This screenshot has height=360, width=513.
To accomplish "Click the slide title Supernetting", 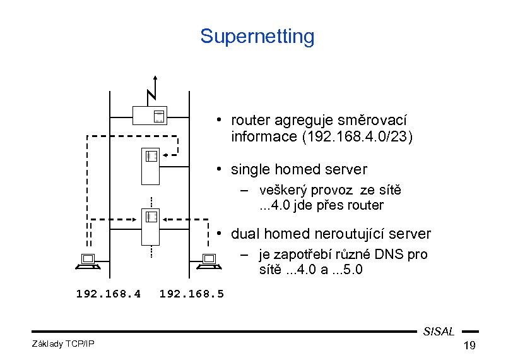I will coord(257,36).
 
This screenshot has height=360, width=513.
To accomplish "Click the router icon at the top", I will coord(150,115).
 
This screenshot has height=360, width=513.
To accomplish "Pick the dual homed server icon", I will coord(151,227).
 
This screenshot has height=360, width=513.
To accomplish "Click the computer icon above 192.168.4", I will coord(86,261).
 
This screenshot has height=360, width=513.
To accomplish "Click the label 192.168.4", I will coord(108,294).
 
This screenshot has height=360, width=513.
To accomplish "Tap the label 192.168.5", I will coord(192,294).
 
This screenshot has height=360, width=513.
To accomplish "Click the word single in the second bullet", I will coord(251,169).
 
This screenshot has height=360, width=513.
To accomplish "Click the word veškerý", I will coord(284,190).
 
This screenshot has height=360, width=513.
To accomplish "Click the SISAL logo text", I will coord(439,332).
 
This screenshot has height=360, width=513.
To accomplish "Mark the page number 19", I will coord(469,345).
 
